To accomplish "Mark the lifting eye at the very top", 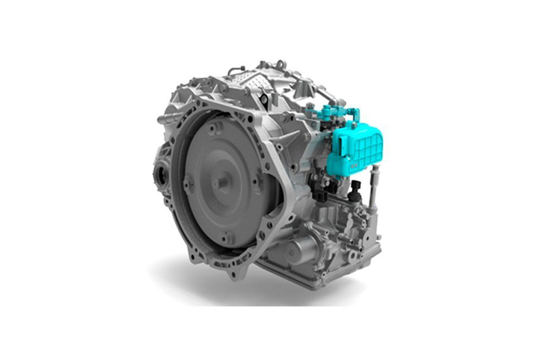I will [x=280, y=64].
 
